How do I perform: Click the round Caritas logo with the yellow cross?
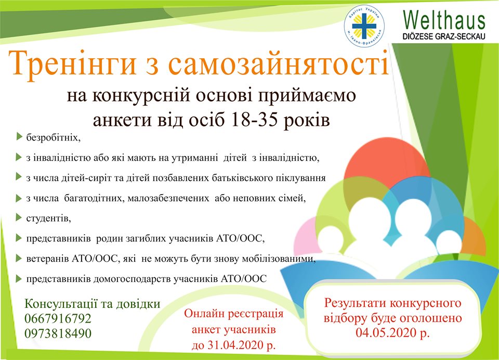[x=364, y=26]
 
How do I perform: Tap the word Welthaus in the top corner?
[x=444, y=20]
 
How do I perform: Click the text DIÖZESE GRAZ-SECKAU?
[x=444, y=36]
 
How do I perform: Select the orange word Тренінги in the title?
[x=73, y=64]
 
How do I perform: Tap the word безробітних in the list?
[x=53, y=138]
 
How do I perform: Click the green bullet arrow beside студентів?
[x=19, y=217]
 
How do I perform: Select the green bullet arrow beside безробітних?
[x=19, y=137]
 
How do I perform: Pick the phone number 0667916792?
[x=58, y=318]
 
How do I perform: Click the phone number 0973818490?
[x=58, y=333]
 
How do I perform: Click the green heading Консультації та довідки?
[x=93, y=304]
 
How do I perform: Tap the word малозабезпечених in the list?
[x=168, y=198]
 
